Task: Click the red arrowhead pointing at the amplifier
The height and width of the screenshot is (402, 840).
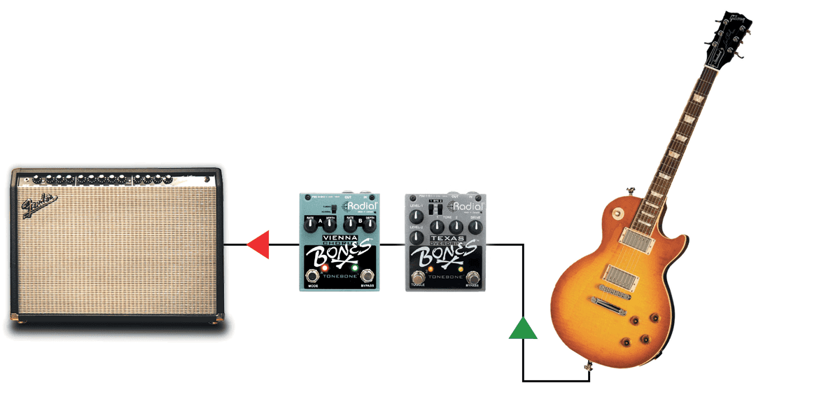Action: tap(260, 244)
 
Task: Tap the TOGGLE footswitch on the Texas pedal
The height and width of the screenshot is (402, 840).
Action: tap(419, 275)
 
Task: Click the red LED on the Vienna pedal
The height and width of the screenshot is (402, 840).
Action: tap(325, 268)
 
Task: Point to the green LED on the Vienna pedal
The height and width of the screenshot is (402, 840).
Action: tap(355, 268)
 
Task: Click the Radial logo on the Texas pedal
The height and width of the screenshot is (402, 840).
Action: tap(468, 206)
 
